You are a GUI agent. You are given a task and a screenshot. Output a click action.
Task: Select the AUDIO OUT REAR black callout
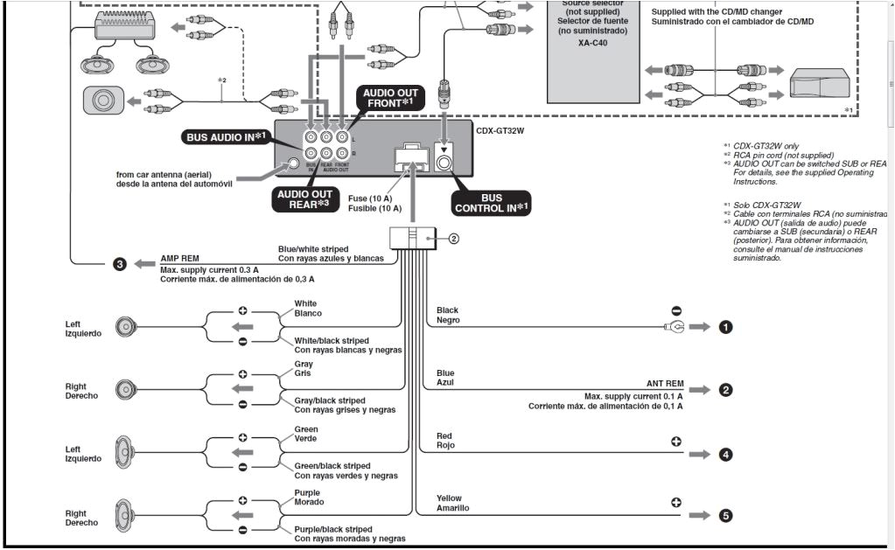pos(304,198)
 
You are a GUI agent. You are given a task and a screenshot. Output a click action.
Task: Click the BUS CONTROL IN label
pos(491,203)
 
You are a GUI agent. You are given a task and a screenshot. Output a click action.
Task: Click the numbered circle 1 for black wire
pos(725,327)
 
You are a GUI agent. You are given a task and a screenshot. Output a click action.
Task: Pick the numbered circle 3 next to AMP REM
pos(120,263)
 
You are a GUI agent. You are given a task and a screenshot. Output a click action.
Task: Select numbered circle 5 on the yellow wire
pos(725,516)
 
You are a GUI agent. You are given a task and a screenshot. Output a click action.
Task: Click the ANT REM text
pos(665,384)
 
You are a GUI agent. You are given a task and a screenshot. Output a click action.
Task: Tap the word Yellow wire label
pos(449,498)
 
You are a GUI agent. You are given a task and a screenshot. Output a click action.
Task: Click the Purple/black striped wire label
pos(332,529)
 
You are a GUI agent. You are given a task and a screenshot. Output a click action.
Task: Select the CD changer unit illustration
pos(818,86)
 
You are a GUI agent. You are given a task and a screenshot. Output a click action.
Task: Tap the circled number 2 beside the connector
pos(454,239)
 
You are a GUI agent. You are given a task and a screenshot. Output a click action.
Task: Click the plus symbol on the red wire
pos(676,441)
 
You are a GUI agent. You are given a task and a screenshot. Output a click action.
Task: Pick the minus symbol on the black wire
pos(676,310)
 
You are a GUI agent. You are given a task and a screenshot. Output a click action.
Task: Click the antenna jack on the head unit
pos(295,163)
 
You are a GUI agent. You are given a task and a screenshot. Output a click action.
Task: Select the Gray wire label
pos(304,364)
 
